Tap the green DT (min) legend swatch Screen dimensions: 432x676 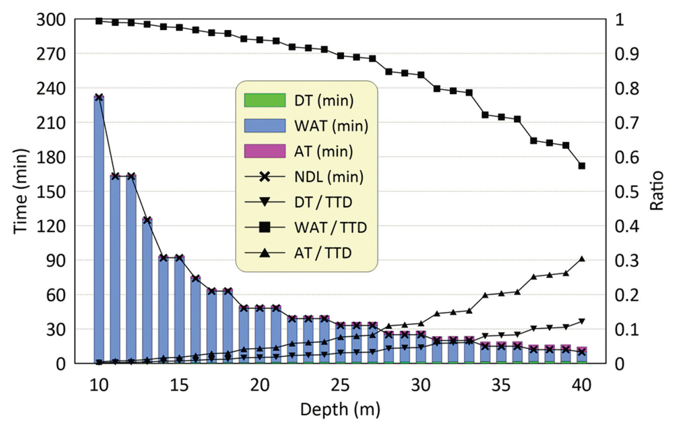pyautogui.click(x=265, y=100)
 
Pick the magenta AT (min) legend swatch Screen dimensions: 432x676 pyautogui.click(x=265, y=151)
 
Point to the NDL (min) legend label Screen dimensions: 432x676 pyautogui.click(x=329, y=177)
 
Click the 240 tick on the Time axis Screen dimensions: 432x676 pyautogui.click(x=51, y=88)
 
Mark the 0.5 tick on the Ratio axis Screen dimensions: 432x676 pyautogui.click(x=626, y=192)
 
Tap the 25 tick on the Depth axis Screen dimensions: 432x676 pyautogui.click(x=340, y=385)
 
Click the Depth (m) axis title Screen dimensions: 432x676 pyautogui.click(x=340, y=409)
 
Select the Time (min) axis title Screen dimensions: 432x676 pyautogui.click(x=20, y=191)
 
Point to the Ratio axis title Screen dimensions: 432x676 pyautogui.click(x=657, y=191)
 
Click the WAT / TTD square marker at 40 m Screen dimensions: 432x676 pyautogui.click(x=582, y=166)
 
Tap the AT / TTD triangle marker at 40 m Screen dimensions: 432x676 pyautogui.click(x=582, y=259)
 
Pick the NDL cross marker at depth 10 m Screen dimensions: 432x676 pyautogui.click(x=99, y=97)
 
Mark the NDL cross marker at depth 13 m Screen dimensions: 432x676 pyautogui.click(x=147, y=220)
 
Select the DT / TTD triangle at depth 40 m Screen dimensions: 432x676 pyautogui.click(x=582, y=321)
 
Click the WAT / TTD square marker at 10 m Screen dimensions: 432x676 pyautogui.click(x=99, y=21)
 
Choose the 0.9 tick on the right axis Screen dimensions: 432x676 pyautogui.click(x=626, y=54)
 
